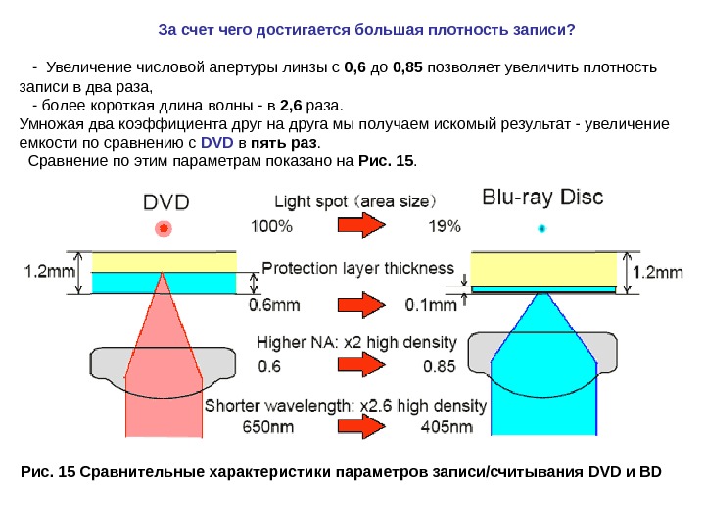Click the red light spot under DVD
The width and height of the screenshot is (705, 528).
[x=164, y=228]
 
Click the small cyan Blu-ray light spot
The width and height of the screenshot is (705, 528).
[x=542, y=228]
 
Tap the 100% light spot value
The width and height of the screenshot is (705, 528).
[x=272, y=227]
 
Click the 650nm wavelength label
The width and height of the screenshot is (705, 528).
[x=270, y=427]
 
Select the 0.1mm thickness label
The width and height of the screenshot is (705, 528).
[x=432, y=305]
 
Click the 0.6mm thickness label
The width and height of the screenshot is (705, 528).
[x=273, y=305]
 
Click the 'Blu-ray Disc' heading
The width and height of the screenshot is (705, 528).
[x=543, y=197]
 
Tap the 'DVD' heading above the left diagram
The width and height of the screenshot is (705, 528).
[x=167, y=202]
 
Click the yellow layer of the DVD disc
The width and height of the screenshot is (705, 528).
[x=164, y=261]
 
